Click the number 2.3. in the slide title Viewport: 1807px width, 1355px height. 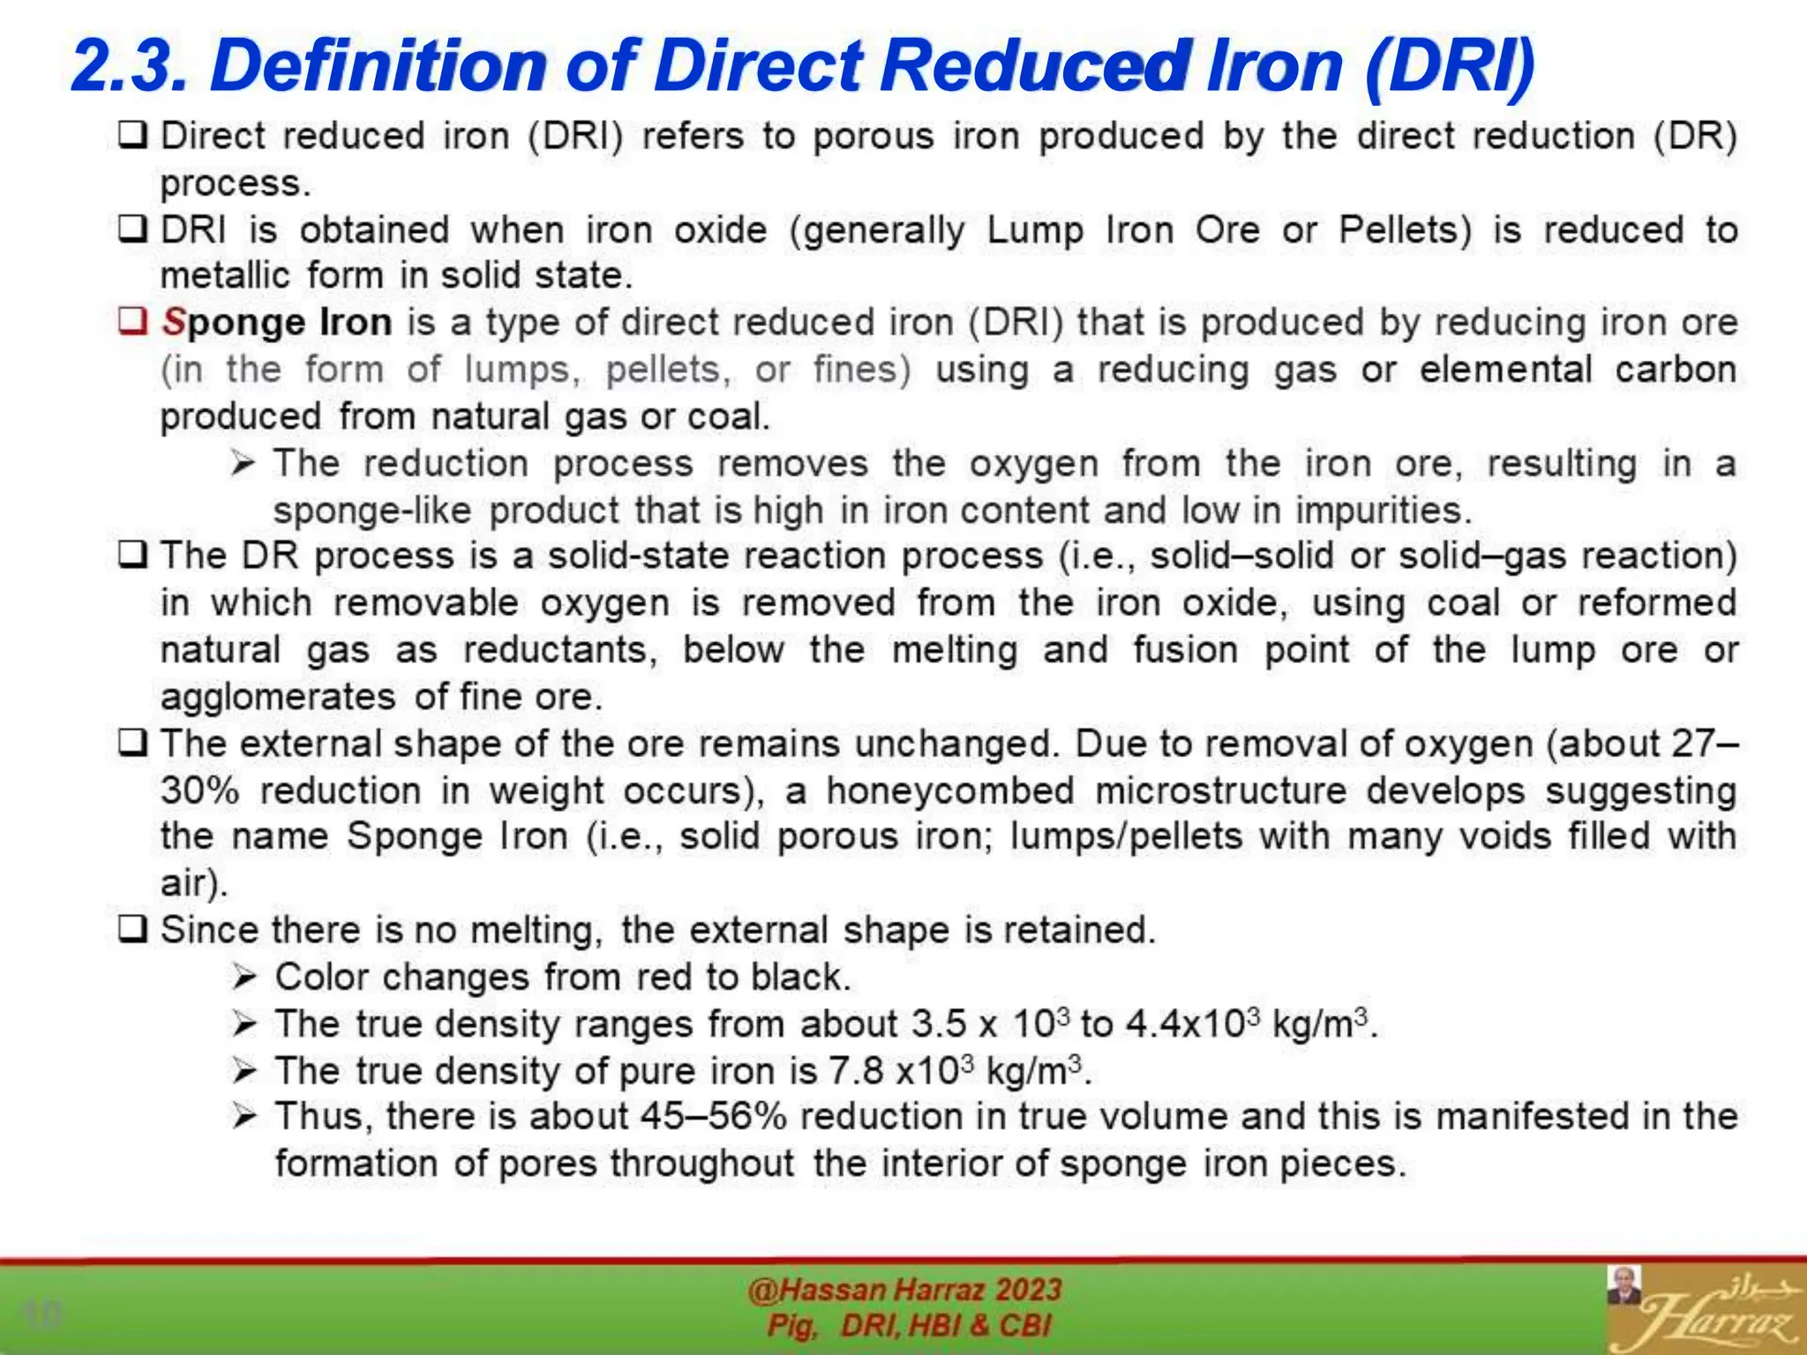pos(130,67)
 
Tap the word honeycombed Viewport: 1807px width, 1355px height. pos(950,790)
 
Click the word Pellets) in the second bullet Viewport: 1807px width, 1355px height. pos(1406,230)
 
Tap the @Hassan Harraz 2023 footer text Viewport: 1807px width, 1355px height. pos(904,1290)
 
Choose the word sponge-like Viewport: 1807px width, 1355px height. pos(371,511)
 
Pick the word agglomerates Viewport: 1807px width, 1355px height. pos(277,697)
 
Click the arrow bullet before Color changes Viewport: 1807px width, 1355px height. pos(244,977)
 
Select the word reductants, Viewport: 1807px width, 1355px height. pos(560,650)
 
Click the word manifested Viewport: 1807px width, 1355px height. pos(1533,1117)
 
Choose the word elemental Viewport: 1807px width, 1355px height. pos(1505,370)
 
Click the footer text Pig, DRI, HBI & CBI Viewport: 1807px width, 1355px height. pos(909,1325)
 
